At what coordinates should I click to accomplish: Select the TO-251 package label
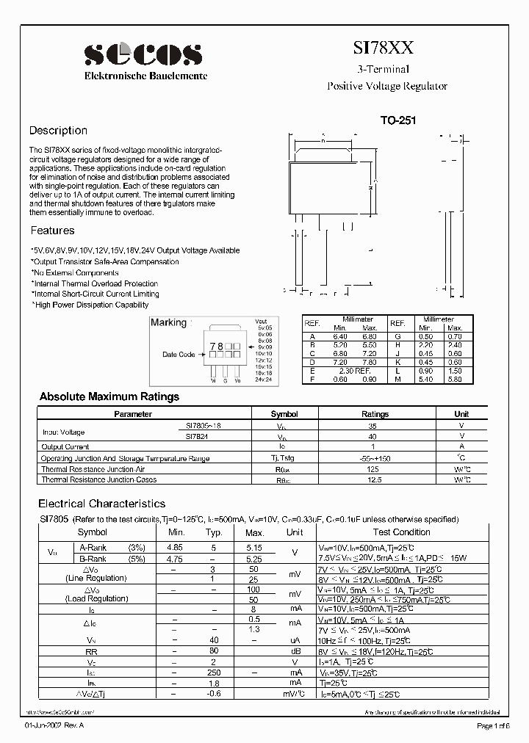coord(398,120)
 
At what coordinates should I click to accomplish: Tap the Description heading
coord(58,131)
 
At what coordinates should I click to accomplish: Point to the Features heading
coord(51,231)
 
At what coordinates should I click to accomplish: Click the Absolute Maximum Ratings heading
coord(109,396)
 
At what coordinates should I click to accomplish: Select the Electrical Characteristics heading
coord(101,504)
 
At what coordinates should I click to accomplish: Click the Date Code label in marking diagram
coord(179,355)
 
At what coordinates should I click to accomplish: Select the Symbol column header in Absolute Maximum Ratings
coord(284,414)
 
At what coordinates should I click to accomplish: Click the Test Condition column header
coord(401,532)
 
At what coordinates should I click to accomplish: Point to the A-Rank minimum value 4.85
coord(176,547)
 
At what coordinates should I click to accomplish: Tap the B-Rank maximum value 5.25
coord(254,558)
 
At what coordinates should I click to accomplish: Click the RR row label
coord(92,650)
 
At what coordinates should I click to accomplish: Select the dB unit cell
coord(294,650)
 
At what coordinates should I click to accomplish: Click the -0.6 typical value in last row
coord(215,695)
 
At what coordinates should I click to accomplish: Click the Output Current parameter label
coord(65,446)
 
